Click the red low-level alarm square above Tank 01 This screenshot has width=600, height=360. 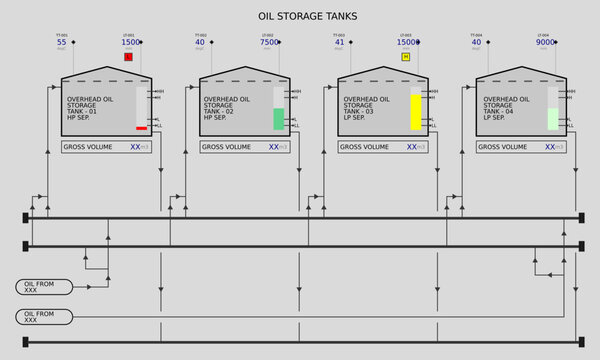[128, 57]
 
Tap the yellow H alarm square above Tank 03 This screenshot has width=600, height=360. [405, 57]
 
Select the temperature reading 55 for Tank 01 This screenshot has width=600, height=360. [62, 43]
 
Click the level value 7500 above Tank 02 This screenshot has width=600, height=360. [269, 43]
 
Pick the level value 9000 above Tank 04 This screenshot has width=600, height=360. [546, 43]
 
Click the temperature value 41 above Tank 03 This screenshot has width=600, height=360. [339, 43]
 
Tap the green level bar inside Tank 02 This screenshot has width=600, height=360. [279, 119]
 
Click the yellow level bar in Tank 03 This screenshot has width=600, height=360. [416, 112]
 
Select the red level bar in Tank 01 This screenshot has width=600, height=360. [142, 128]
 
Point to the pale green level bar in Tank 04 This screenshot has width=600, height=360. [553, 119]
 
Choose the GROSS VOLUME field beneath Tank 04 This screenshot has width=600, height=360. [521, 147]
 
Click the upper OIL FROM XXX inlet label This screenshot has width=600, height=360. [44, 287]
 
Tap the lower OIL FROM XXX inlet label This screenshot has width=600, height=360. [44, 316]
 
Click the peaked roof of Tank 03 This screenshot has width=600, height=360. [383, 73]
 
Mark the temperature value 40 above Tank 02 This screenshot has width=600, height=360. [200, 43]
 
